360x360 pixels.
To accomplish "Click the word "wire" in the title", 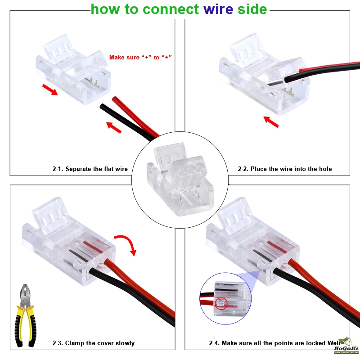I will (219, 9).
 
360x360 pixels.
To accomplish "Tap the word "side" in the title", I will (252, 9).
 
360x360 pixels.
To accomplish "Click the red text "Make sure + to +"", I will (141, 57).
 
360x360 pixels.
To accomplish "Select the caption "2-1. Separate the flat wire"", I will (90, 169).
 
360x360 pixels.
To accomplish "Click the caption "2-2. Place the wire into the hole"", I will (285, 169).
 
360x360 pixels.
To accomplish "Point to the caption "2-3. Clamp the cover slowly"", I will (93, 343).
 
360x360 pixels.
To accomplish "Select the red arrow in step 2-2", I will (271, 121).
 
